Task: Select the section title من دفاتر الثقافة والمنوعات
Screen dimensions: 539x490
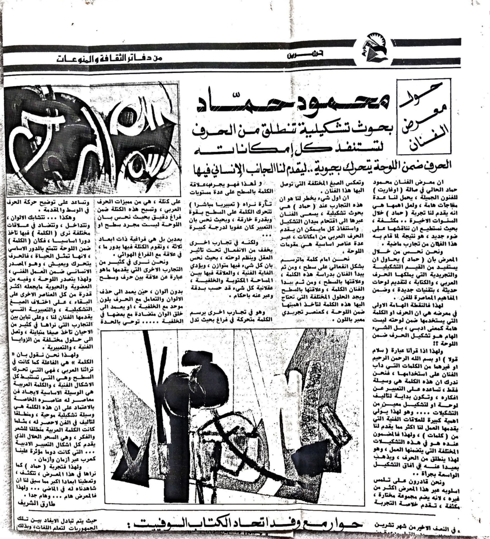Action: point(116,59)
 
